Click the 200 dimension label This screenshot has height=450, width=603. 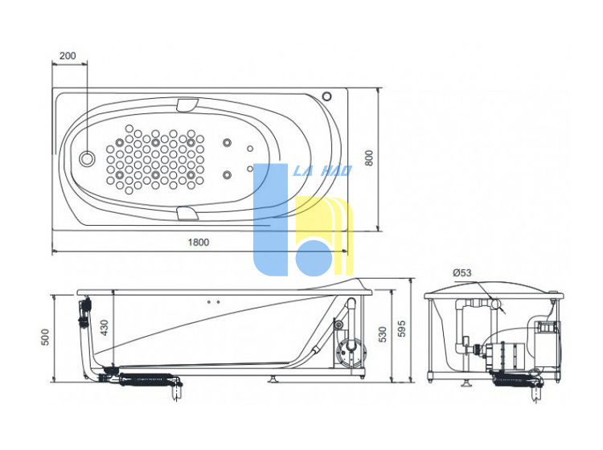[x=68, y=55]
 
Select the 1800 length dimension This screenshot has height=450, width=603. [x=199, y=243]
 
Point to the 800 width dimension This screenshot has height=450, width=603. [x=369, y=158]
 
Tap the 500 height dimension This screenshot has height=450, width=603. [x=45, y=337]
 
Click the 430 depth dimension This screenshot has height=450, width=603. [x=105, y=328]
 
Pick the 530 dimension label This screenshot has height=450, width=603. [x=382, y=334]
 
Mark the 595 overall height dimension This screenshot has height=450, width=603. [x=401, y=329]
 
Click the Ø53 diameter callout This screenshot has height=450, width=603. [x=461, y=273]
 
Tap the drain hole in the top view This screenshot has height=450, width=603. [x=87, y=158]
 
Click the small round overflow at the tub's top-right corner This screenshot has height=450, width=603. [x=327, y=96]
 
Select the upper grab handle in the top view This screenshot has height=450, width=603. [x=187, y=105]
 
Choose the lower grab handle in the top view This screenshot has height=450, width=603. [x=187, y=214]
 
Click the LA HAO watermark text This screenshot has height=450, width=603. [x=322, y=170]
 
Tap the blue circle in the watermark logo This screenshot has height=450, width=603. [x=314, y=257]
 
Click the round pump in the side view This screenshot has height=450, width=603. [x=351, y=351]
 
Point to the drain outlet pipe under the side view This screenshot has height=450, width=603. [x=177, y=390]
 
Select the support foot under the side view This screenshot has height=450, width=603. [x=273, y=379]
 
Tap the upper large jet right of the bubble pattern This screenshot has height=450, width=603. [x=228, y=143]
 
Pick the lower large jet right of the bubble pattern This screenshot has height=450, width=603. [x=228, y=175]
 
